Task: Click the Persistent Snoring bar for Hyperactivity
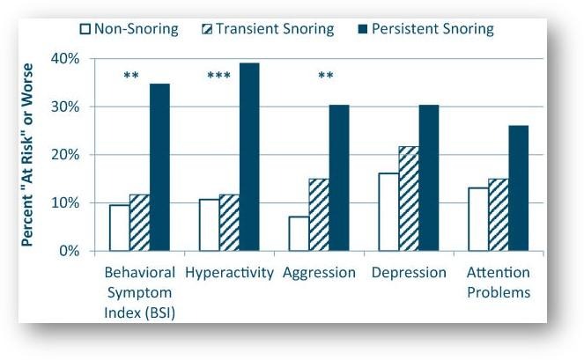point(249,157)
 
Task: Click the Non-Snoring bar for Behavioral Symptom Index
point(119,227)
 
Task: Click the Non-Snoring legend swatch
point(85,29)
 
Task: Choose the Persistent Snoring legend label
point(434,29)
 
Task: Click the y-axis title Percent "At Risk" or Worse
point(29,154)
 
